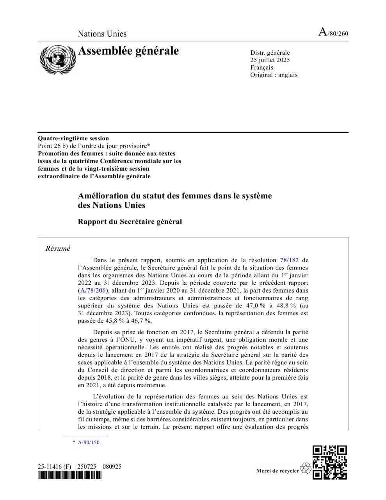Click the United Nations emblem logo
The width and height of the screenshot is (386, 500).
pos(57,59)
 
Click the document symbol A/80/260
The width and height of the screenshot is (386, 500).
pos(333,32)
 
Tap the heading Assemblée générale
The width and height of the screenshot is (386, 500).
pos(128,51)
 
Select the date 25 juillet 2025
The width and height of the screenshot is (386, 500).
pos(270,60)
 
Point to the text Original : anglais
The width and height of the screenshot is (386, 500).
pos(274,75)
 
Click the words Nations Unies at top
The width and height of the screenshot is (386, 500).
pos(102,34)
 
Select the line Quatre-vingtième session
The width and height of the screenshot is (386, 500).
pos(73,138)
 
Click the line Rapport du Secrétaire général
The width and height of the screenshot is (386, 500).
pos(130,221)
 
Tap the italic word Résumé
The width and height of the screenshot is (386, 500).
pos(58,248)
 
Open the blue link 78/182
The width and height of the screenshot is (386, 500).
pos(289,260)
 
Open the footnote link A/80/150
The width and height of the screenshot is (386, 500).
pos(89,442)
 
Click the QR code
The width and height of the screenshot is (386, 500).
pos(330,462)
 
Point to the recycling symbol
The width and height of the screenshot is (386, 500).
pos(306,468)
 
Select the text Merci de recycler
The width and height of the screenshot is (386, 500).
pos(277,470)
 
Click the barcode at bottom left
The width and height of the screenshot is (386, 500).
pos(69,475)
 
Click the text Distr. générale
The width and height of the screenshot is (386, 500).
pos(270,52)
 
